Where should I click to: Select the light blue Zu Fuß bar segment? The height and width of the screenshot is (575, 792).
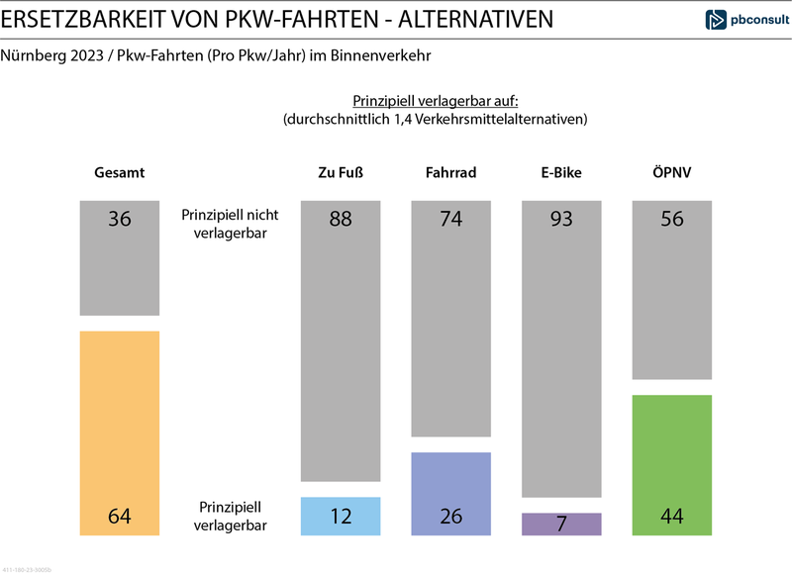pos(340,516)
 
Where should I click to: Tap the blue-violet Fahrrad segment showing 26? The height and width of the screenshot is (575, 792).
pos(450,494)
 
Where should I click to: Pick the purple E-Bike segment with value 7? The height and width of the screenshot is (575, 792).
pos(561,524)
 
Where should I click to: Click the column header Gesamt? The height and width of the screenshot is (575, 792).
pos(119,172)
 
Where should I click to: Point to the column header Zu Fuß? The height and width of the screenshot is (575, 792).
pos(340,172)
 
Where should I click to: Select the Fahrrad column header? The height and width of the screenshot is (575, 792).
pos(450,172)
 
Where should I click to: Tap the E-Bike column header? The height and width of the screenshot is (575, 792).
pos(561,172)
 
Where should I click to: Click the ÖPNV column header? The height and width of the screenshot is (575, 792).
pos(672,172)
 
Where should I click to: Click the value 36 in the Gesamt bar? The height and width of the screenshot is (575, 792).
pos(119,219)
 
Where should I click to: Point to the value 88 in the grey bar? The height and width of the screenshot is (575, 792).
pos(340,219)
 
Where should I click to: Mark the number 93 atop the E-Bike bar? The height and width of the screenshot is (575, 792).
pos(561,219)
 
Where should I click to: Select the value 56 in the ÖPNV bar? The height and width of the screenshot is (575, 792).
pos(672,219)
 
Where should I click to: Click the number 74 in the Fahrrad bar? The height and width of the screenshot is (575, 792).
pos(450,219)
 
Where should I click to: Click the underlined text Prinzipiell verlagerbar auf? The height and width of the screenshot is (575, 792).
pos(436,101)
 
